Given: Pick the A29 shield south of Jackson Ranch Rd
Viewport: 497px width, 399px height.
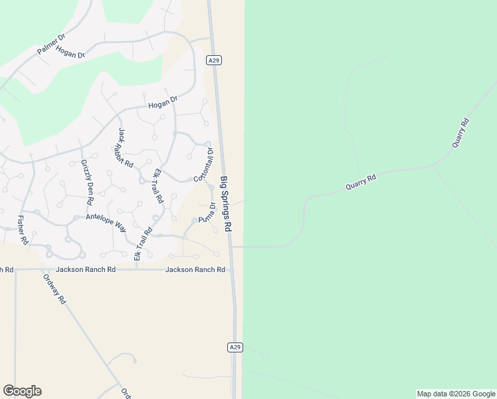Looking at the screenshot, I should (x=235, y=347).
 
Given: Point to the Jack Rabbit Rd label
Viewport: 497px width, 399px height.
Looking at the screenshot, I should (x=126, y=148).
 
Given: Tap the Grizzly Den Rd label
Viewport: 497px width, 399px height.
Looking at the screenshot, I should (x=87, y=182).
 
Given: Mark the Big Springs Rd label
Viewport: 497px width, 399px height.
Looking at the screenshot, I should (x=226, y=203).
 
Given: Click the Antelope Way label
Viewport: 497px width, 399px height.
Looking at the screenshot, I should (x=106, y=221).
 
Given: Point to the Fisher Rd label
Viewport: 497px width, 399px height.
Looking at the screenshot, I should (x=23, y=230).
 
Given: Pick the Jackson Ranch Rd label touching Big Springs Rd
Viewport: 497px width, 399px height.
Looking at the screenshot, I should (x=195, y=269).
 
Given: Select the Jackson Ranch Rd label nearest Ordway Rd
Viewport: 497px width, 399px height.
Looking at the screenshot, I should (x=86, y=269).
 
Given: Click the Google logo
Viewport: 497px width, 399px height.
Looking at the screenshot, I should (x=22, y=391).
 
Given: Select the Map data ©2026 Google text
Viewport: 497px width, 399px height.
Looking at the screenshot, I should (x=455, y=394).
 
